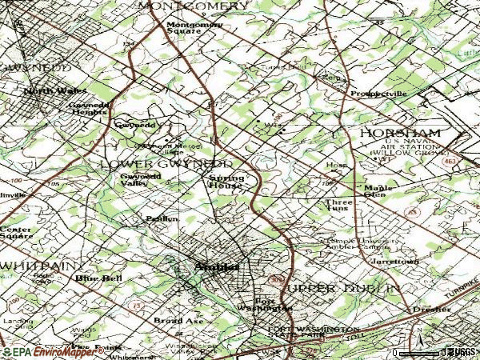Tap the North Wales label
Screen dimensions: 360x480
[x=50, y=91]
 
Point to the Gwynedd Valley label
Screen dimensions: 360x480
[x=134, y=180]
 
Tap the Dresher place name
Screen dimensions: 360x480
[x=422, y=309]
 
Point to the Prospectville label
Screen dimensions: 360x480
[x=378, y=94]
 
